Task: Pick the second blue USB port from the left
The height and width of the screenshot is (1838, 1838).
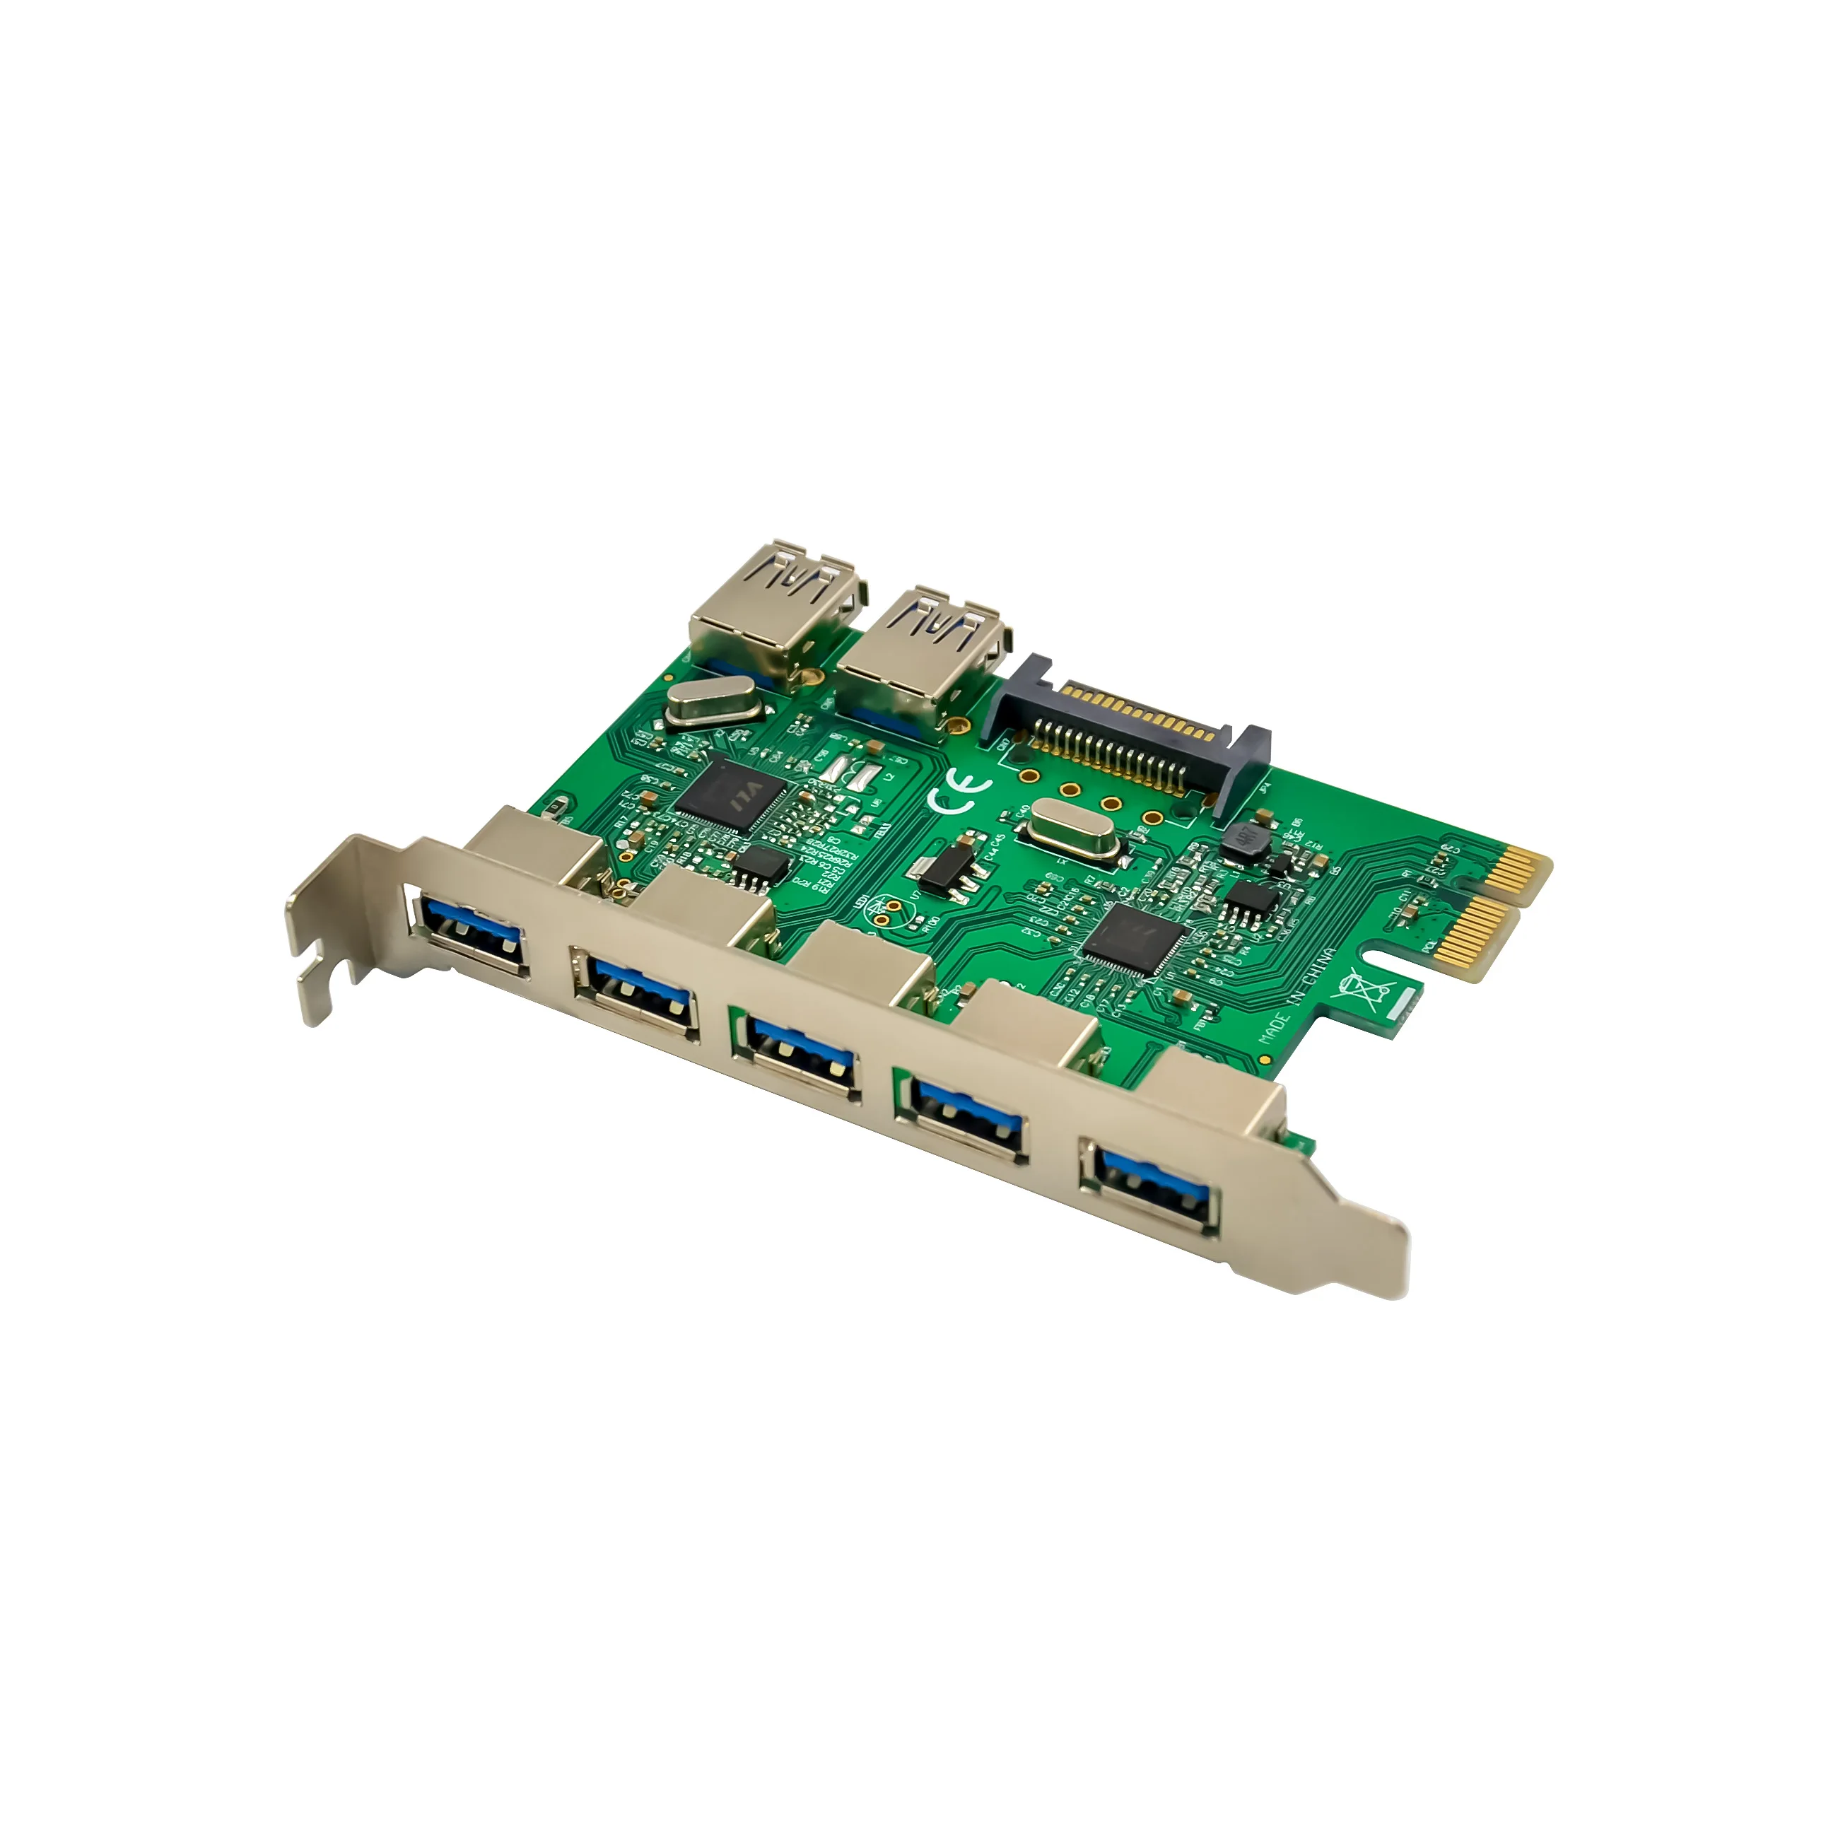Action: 636,993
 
